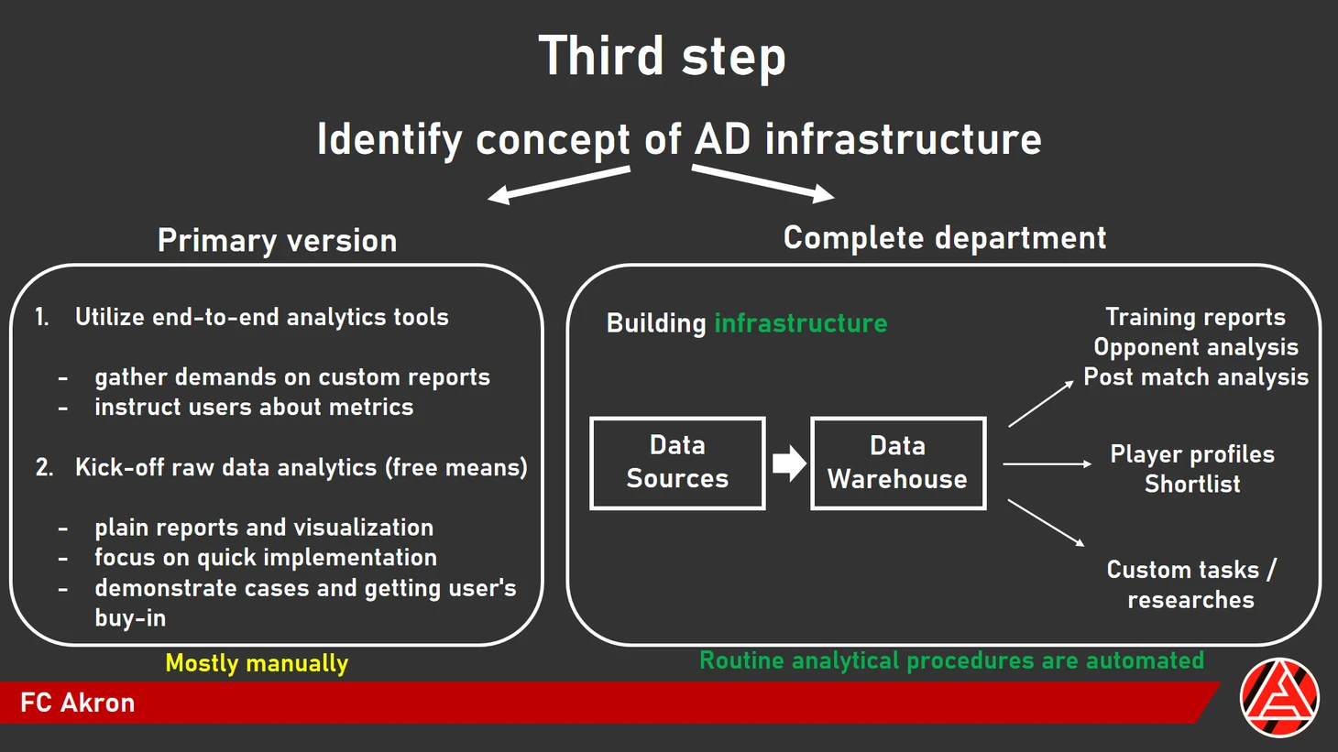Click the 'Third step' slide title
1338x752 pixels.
tap(662, 57)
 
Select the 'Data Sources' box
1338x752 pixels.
tap(677, 463)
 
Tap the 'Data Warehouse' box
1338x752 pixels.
tap(897, 463)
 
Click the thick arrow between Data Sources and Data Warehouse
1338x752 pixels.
tap(788, 463)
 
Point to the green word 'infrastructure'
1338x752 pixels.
tap(800, 323)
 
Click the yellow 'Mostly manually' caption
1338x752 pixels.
tap(257, 663)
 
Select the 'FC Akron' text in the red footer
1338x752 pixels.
tap(78, 703)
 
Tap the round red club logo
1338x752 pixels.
tap(1279, 698)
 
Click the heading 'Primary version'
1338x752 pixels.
tap(277, 240)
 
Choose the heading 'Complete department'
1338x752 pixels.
tap(945, 238)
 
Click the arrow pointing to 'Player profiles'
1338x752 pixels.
tap(1047, 464)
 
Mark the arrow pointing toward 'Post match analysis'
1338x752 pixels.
tap(1040, 404)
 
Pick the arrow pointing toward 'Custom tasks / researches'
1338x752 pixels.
tap(1046, 522)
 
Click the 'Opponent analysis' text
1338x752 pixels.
tap(1196, 347)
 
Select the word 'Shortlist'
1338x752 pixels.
tap(1192, 484)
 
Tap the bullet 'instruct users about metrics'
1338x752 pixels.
tap(254, 407)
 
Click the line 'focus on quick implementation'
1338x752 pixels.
tap(266, 557)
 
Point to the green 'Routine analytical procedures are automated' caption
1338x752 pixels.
tap(951, 660)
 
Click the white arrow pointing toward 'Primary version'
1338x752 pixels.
tap(558, 182)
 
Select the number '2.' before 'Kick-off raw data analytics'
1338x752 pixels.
tap(44, 468)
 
